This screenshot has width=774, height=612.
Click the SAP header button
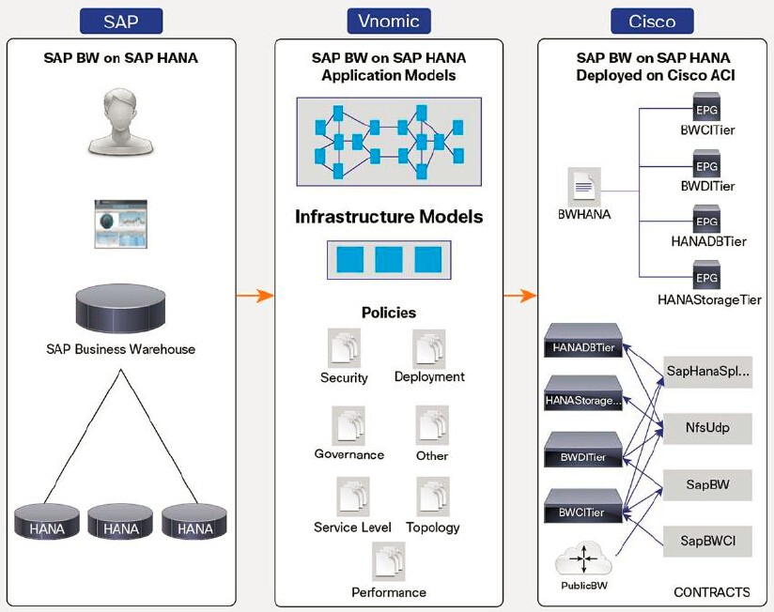pyautogui.click(x=120, y=21)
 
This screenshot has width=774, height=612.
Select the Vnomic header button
pyautogui.click(x=388, y=21)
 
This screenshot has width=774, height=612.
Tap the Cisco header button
pyautogui.click(x=652, y=21)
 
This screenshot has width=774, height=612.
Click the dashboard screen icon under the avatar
pyautogui.click(x=120, y=223)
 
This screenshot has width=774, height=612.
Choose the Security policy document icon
pyautogui.click(x=344, y=348)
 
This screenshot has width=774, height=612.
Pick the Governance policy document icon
pyautogui.click(x=348, y=425)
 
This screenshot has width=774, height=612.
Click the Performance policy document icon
pyautogui.click(x=388, y=562)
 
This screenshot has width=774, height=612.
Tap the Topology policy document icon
pyautogui.click(x=433, y=497)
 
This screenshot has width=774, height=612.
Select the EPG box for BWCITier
pyautogui.click(x=706, y=105)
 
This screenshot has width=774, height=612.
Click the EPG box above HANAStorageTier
pyautogui.click(x=706, y=278)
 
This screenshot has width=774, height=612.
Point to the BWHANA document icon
pyautogui.click(x=584, y=188)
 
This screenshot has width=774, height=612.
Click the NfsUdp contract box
pyautogui.click(x=707, y=428)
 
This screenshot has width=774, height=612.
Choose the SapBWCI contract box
pyautogui.click(x=707, y=541)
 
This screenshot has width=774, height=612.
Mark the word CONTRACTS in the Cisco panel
pyautogui.click(x=711, y=592)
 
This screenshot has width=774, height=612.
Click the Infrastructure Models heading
pyautogui.click(x=388, y=217)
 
